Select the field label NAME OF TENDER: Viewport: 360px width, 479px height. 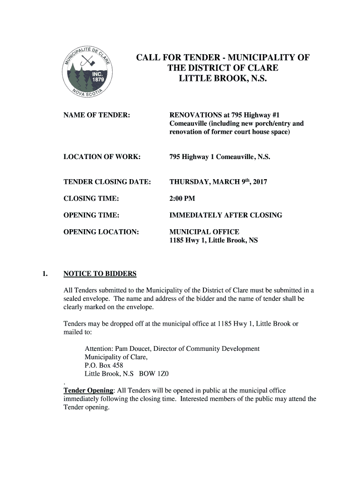pyautogui.click(x=96, y=115)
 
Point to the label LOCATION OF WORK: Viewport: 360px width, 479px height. pyautogui.click(x=102, y=157)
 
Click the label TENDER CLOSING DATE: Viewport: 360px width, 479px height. pyautogui.click(x=107, y=181)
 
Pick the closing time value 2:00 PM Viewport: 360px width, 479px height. pyautogui.click(x=182, y=198)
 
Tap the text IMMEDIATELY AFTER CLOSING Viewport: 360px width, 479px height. pyautogui.click(x=225, y=215)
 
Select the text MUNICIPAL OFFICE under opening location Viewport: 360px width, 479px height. pyautogui.click(x=204, y=232)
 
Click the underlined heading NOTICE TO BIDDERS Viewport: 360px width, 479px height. pyautogui.click(x=100, y=274)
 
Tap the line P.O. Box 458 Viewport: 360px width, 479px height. pyautogui.click(x=104, y=366)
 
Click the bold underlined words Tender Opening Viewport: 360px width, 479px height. pyautogui.click(x=88, y=391)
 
